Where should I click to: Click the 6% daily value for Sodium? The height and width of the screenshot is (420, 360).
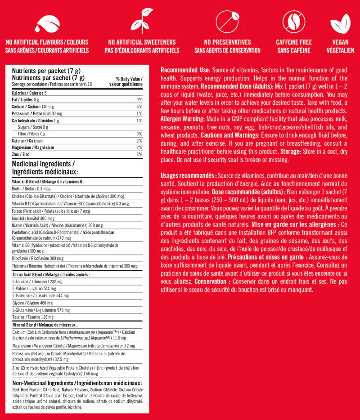coord(139,107)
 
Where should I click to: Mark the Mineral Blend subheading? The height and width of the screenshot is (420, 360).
coord(45,324)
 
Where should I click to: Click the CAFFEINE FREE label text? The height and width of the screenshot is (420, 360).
coord(293,42)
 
